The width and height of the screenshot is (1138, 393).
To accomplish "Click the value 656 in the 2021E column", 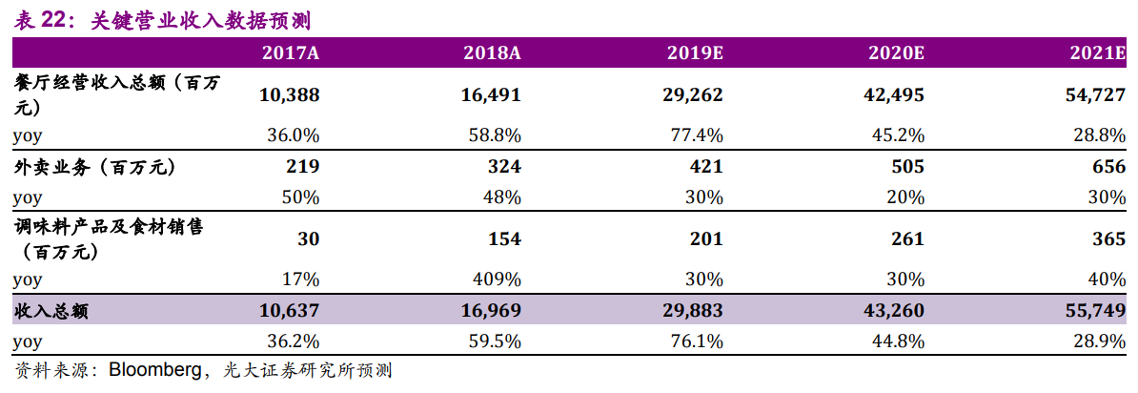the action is (1110, 167).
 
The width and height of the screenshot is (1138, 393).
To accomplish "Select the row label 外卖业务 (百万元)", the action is (95, 167).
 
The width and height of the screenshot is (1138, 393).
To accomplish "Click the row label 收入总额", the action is (51, 312).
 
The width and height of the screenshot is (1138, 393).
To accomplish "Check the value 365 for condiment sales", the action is (1110, 239).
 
